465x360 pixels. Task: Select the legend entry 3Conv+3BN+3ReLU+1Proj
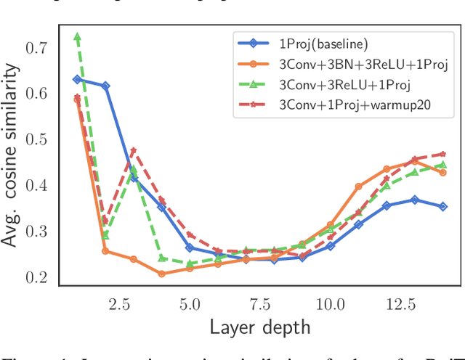pyautogui.click(x=360, y=64)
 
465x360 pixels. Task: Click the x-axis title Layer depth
pyautogui.click(x=260, y=327)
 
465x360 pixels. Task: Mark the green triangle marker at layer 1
pyautogui.click(x=77, y=36)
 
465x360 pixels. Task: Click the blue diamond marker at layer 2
pyautogui.click(x=105, y=86)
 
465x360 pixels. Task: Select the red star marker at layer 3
pyautogui.click(x=134, y=151)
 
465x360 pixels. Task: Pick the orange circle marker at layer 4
pyautogui.click(x=161, y=274)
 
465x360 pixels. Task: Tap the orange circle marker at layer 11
pyautogui.click(x=358, y=187)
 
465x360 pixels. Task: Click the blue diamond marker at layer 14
pyautogui.click(x=442, y=206)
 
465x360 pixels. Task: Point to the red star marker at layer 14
pyautogui.click(x=442, y=154)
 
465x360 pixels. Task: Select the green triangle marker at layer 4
pyautogui.click(x=161, y=258)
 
